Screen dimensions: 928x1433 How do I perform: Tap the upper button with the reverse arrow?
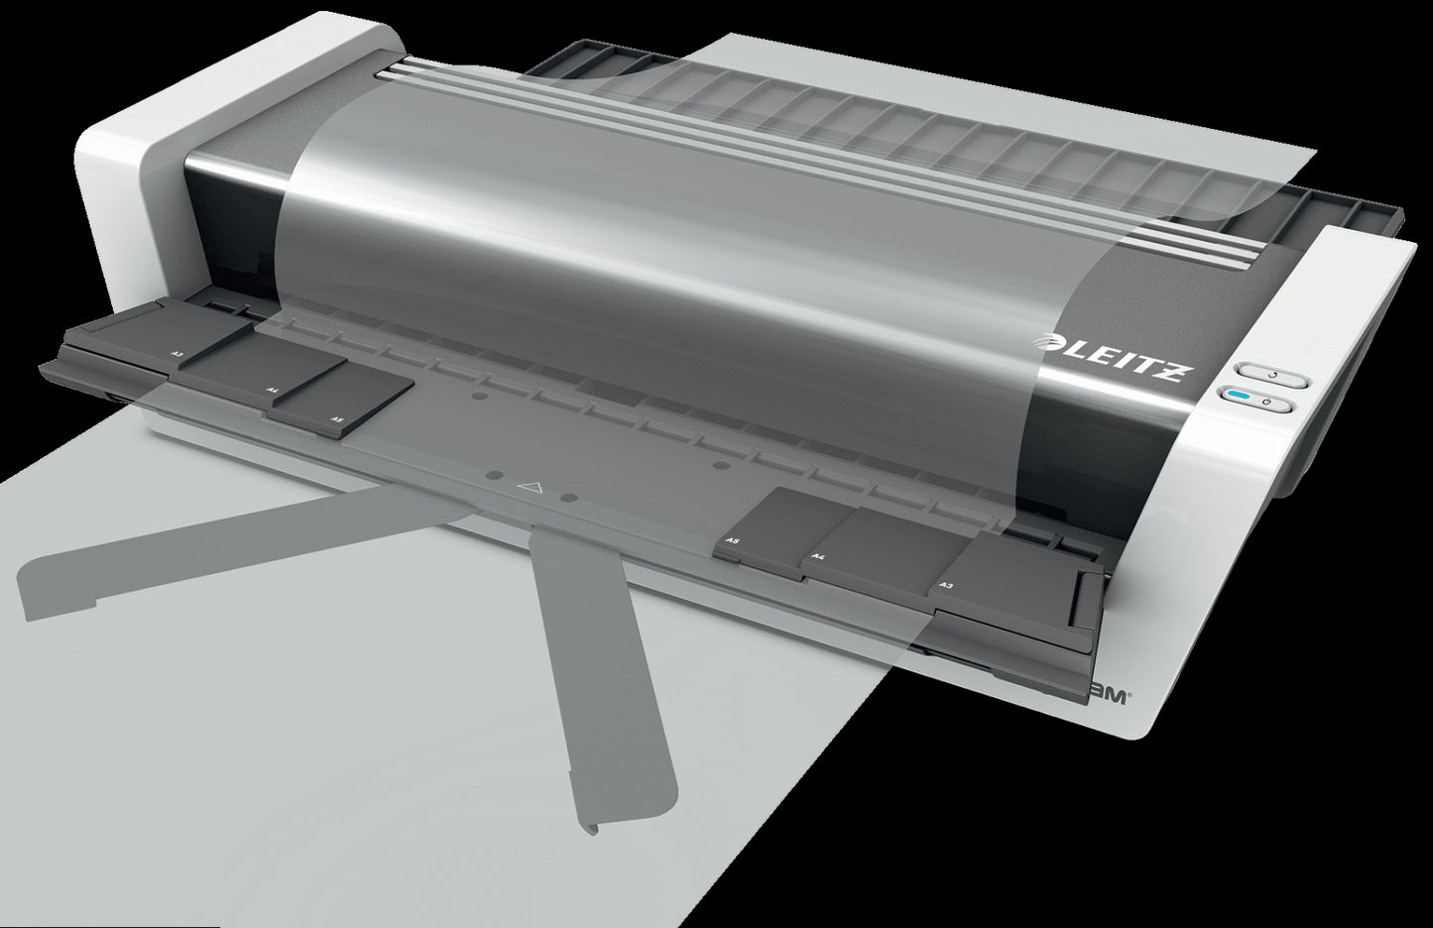[1273, 376]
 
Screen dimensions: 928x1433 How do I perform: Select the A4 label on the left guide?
[272, 391]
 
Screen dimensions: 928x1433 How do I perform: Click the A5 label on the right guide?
[733, 540]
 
